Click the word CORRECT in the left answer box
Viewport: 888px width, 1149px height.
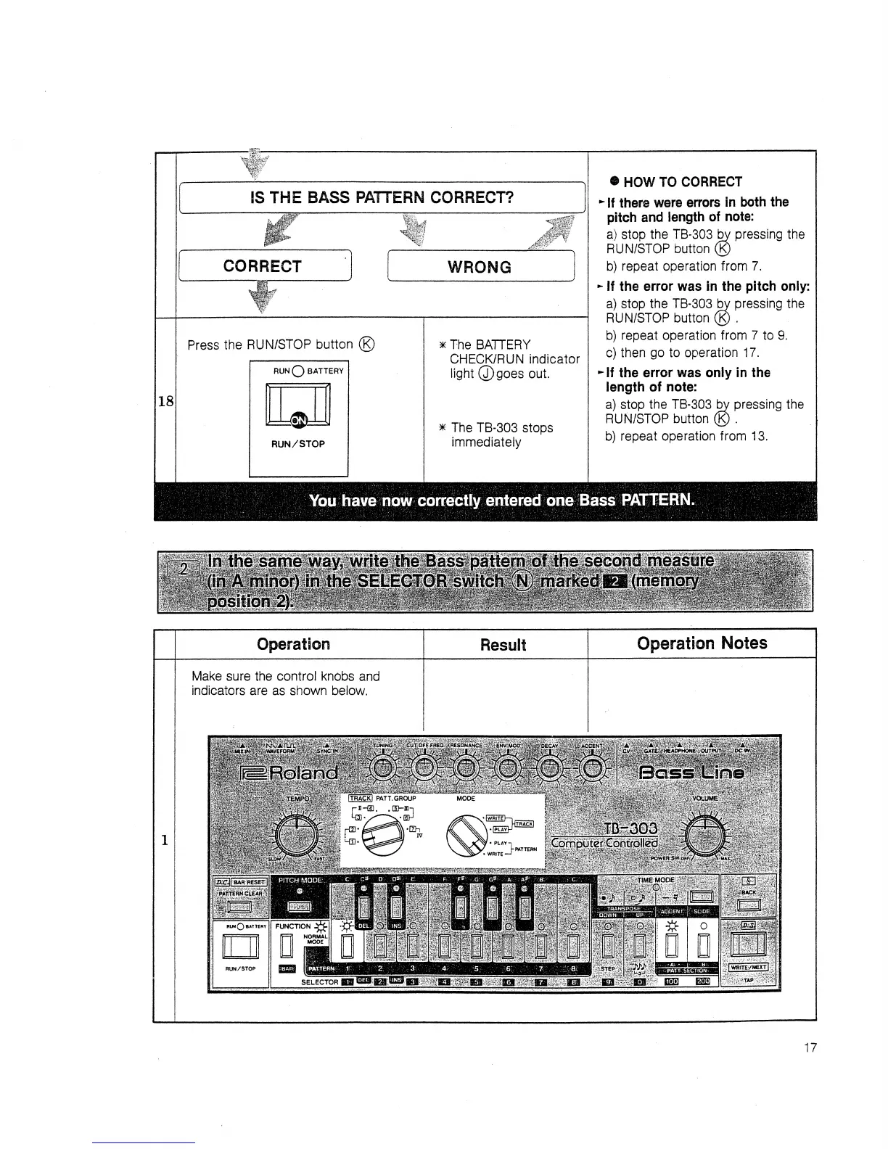click(262, 266)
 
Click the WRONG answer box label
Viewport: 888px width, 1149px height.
click(479, 267)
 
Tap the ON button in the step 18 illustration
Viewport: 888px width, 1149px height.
click(298, 420)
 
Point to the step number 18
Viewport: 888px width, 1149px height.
click(165, 400)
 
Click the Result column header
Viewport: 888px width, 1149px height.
click(503, 645)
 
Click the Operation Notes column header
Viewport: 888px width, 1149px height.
click(701, 643)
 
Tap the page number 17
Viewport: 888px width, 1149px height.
click(810, 1047)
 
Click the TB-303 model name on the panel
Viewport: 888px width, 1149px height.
click(630, 828)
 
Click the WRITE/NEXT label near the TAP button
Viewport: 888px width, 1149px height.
click(748, 966)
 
